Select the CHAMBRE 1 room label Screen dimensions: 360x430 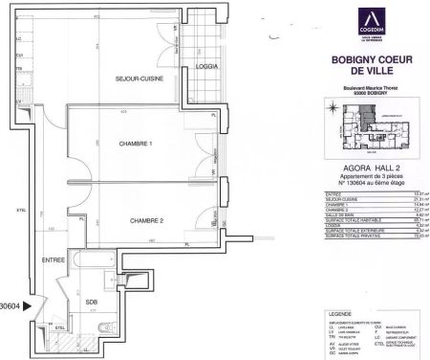click(x=136, y=145)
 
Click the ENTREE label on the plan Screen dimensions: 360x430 click(x=54, y=259)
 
